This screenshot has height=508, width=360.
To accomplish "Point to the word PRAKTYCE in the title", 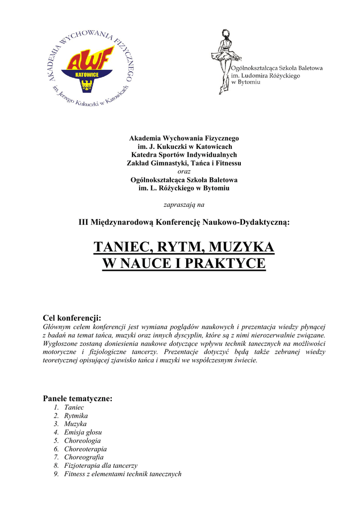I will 226,264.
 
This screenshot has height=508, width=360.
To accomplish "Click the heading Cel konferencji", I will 72,317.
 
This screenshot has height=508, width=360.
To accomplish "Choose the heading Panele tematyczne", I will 78,398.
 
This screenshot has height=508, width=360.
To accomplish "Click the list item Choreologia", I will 82,441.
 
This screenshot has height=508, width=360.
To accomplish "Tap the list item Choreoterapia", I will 85,449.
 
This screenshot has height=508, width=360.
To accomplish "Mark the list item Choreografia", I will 84,457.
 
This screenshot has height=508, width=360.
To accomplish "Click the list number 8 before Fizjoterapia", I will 57,466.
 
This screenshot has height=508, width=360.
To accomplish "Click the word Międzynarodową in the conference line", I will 122,223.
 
